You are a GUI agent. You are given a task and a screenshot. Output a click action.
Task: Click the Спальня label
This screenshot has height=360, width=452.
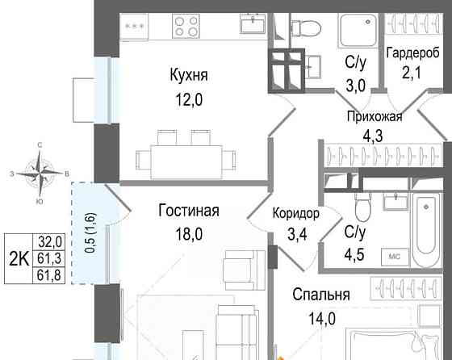321,295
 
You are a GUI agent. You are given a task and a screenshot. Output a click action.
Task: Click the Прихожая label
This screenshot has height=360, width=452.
374,115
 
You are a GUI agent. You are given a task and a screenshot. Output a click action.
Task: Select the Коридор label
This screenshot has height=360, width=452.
295,214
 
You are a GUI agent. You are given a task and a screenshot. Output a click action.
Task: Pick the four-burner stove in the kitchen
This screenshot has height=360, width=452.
187,27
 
